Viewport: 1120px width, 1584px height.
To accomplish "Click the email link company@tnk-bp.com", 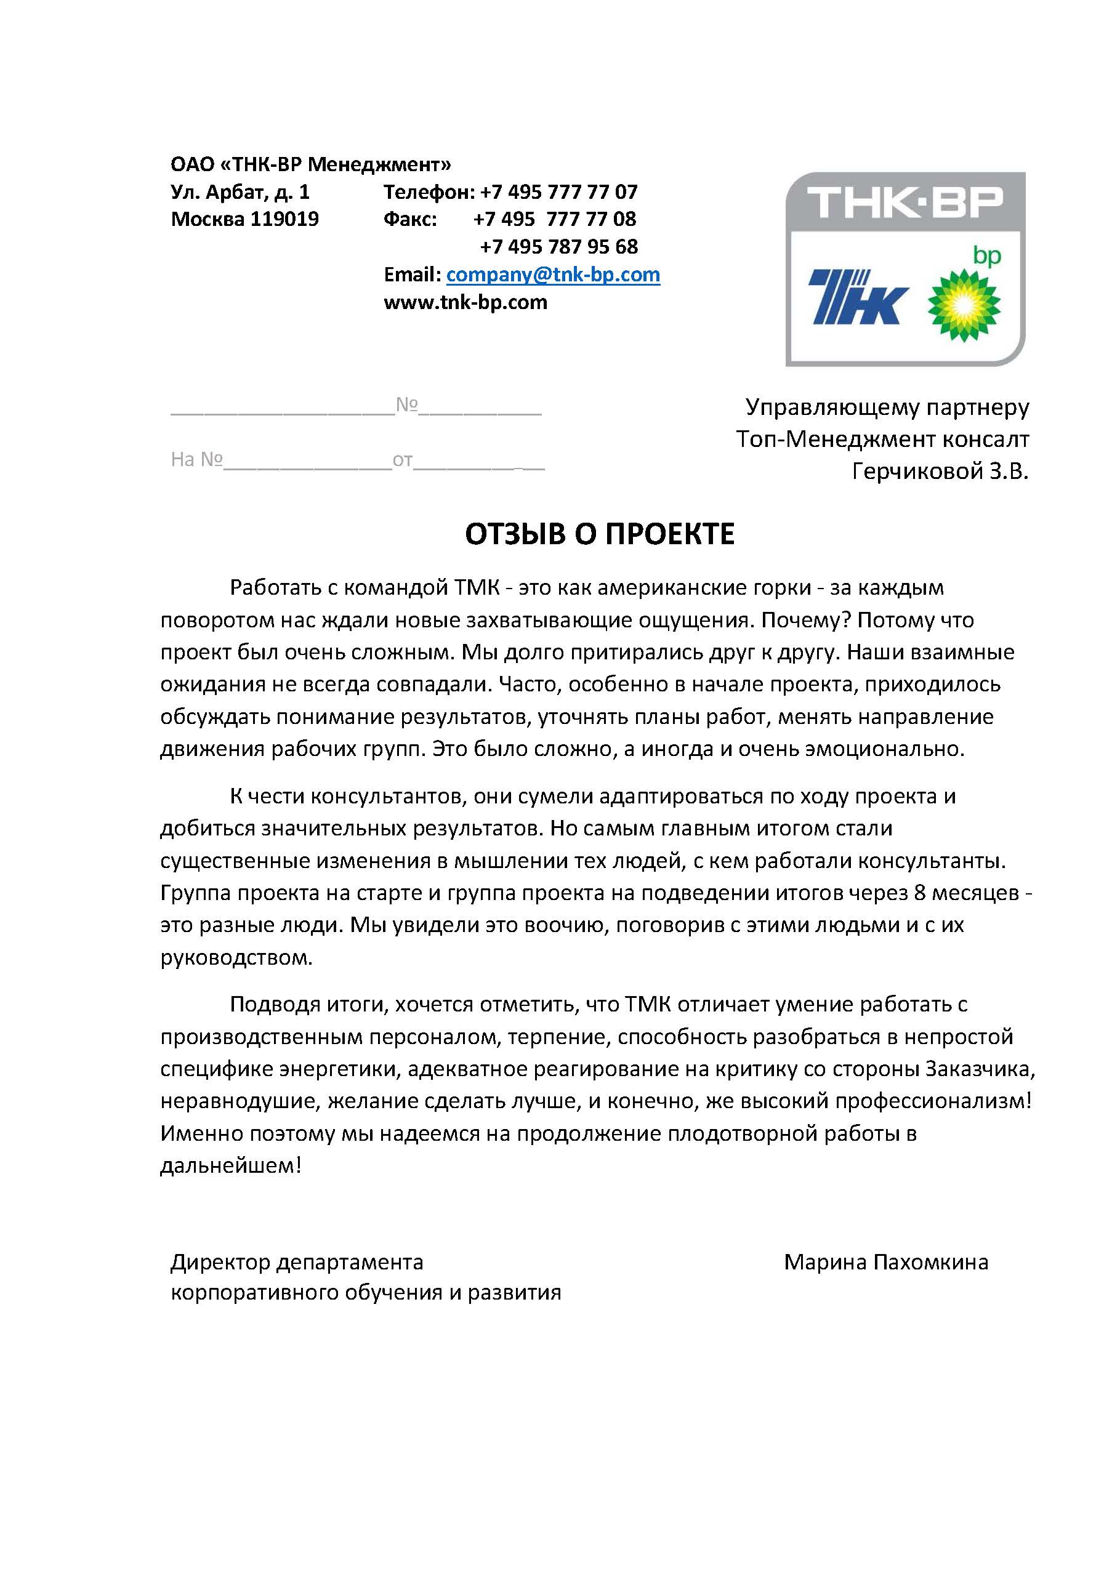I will click(x=553, y=275).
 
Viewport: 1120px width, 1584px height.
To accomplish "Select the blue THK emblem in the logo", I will click(x=858, y=297).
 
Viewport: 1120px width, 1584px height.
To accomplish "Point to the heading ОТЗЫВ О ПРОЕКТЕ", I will click(x=599, y=534).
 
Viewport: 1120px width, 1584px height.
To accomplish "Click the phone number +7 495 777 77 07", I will click(x=558, y=192).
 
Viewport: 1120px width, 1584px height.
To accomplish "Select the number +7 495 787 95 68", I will click(x=558, y=247).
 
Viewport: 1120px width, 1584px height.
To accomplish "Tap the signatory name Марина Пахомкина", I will click(x=885, y=1263).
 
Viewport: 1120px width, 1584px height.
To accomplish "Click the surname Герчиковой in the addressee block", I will click(x=908, y=471).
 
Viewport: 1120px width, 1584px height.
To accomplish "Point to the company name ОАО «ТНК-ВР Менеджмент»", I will click(x=310, y=164).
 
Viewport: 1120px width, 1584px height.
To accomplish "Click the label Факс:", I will click(x=410, y=219).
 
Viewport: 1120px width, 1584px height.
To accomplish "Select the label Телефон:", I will click(x=429, y=192).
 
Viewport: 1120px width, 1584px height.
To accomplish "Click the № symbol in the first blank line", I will click(x=406, y=404).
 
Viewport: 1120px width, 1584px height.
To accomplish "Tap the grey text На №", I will click(x=196, y=459).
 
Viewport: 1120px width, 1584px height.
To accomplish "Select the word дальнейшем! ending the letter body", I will click(x=230, y=1165).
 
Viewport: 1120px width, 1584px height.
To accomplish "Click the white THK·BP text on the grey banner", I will click(x=904, y=202).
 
